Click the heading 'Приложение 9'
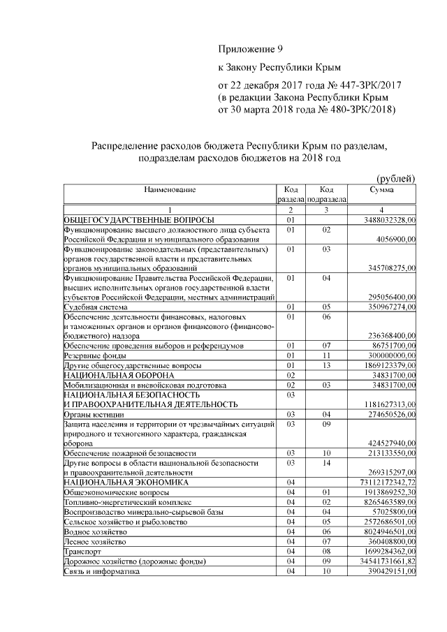click(x=249, y=50)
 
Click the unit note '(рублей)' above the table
click(x=395, y=178)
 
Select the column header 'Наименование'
click(x=170, y=190)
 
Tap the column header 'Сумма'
click(x=381, y=190)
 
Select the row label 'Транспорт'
click(x=82, y=551)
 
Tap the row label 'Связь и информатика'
click(x=101, y=571)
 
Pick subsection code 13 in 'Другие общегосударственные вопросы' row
click(x=325, y=365)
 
